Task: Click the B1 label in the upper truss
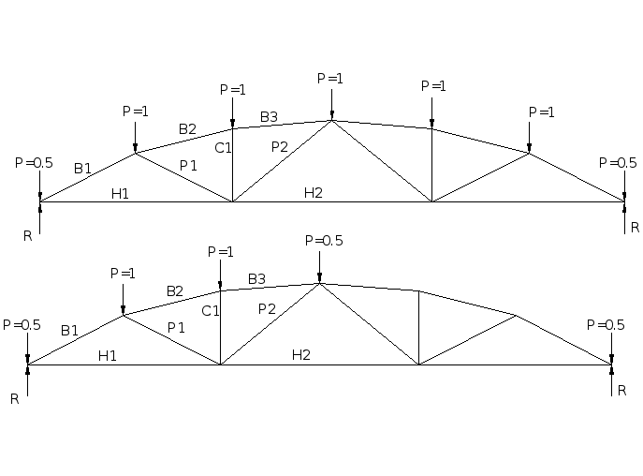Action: [83, 169]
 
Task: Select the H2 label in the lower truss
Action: [300, 354]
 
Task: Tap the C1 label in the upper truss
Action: [223, 147]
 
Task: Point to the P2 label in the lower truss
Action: [267, 309]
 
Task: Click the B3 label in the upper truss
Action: [269, 117]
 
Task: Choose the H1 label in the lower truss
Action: [108, 355]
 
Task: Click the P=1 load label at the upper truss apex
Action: [330, 79]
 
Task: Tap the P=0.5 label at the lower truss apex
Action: [324, 241]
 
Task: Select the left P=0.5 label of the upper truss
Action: [34, 163]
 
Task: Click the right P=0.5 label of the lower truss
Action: [606, 325]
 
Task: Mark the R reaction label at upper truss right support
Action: [635, 228]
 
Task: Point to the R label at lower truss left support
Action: [15, 398]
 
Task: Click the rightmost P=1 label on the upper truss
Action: [542, 112]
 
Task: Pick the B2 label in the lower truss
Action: [175, 290]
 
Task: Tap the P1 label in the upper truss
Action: [188, 166]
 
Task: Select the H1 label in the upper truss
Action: [120, 194]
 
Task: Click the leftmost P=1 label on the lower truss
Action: [123, 274]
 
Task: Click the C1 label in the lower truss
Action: [211, 310]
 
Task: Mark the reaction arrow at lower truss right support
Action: [611, 381]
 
